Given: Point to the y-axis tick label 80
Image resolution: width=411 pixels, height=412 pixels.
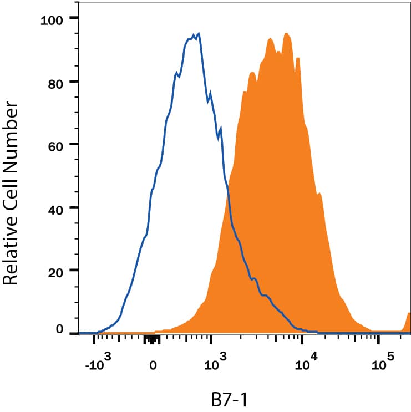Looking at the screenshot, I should (58, 82).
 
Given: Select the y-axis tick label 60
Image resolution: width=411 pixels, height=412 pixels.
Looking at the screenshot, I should (58, 145).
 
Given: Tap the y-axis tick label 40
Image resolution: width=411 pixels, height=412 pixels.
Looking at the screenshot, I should (58, 208).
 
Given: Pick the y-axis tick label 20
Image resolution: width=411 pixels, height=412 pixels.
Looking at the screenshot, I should (58, 271).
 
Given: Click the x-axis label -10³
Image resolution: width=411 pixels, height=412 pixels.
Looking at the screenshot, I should (100, 365).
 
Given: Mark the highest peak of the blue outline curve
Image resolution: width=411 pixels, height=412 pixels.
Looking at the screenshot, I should (199, 34).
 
